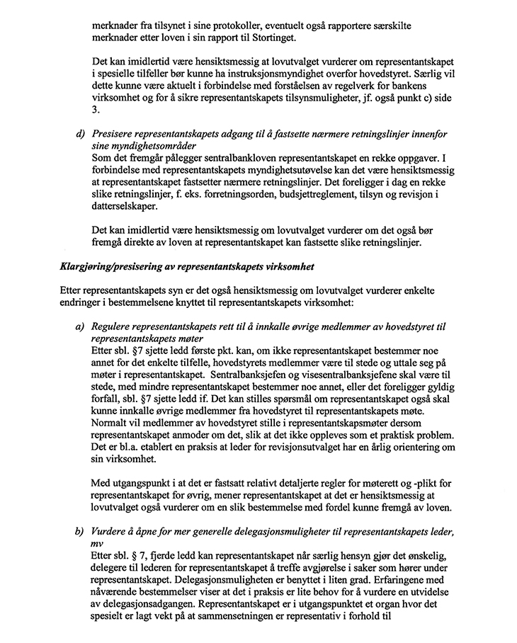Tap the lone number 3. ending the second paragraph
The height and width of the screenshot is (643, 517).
point(96,110)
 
